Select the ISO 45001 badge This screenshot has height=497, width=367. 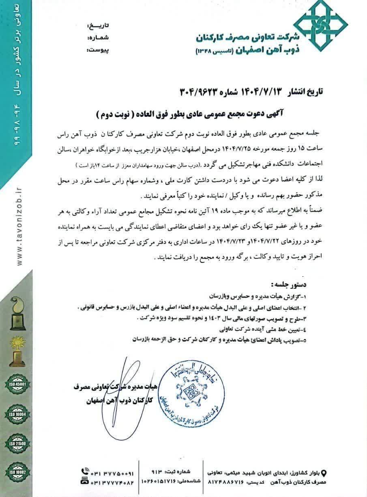pyautogui.click(x=17, y=383)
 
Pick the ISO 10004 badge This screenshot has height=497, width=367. pyautogui.click(x=17, y=414)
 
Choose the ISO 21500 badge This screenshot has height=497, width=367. pyautogui.click(x=17, y=444)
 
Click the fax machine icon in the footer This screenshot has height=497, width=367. pyautogui.click(x=84, y=481)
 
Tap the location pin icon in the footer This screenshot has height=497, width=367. pyautogui.click(x=323, y=472)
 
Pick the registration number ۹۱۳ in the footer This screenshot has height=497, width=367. pyautogui.click(x=157, y=472)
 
